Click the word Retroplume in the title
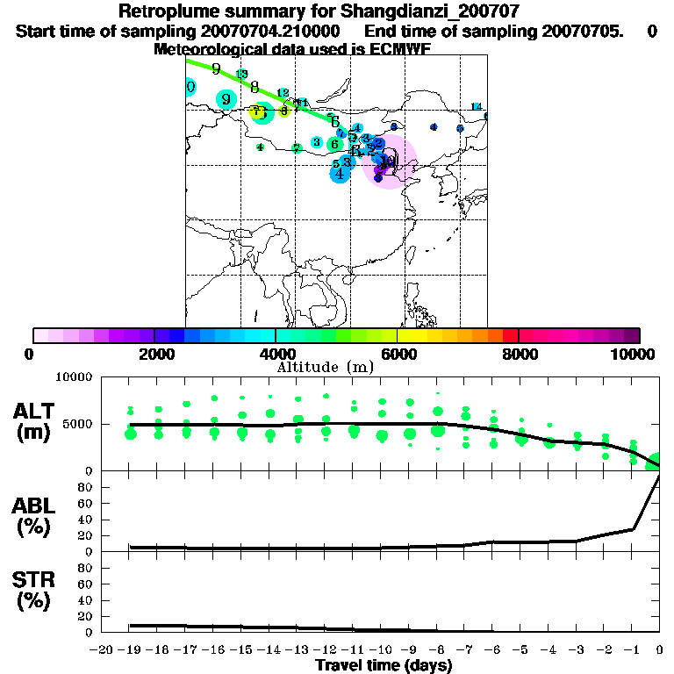click(x=168, y=11)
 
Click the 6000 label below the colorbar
click(x=398, y=354)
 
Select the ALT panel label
click(x=35, y=411)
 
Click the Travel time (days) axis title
click(x=384, y=666)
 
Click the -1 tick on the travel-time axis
click(x=632, y=650)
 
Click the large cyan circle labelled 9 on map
click(x=227, y=99)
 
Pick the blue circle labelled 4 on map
click(x=340, y=174)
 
